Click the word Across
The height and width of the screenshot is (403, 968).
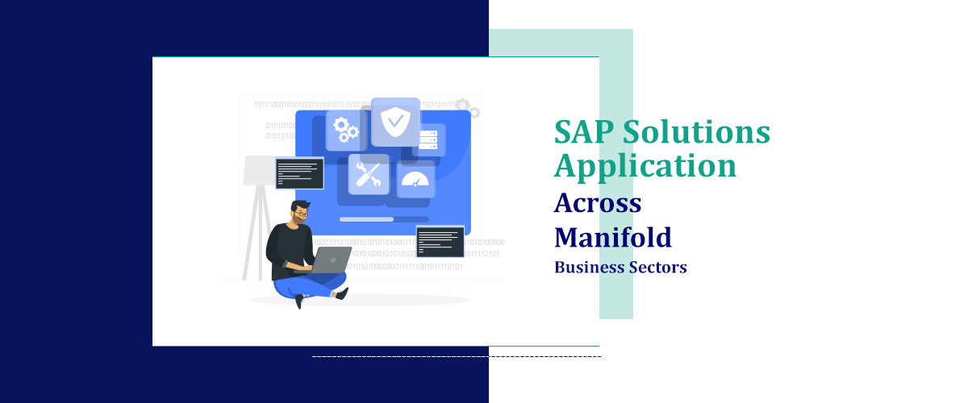point(598,202)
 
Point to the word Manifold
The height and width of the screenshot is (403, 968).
point(613,237)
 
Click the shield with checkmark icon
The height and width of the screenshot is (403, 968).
point(395,123)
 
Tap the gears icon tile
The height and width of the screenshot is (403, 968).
point(346,130)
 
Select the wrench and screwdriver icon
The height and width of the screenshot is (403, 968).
point(369,175)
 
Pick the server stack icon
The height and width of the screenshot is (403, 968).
point(428,140)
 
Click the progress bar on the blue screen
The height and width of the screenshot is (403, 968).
point(384,219)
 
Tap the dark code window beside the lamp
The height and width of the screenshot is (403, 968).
point(299,173)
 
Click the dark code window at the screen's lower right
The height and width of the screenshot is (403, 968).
point(440,242)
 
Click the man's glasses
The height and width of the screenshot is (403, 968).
point(301,214)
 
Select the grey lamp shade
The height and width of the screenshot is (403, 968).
point(259,171)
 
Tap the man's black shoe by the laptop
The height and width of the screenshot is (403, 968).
point(342,293)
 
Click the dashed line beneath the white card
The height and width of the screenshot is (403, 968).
point(457,357)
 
